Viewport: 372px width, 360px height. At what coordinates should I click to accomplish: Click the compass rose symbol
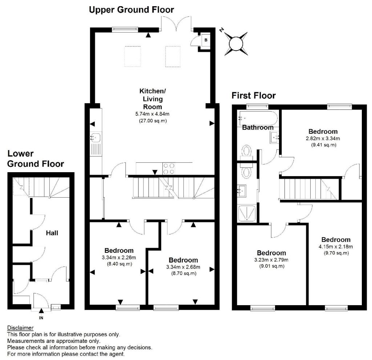[235, 43]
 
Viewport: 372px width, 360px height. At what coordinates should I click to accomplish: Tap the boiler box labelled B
[205, 40]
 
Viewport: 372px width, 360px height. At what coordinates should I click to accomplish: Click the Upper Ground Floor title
[132, 9]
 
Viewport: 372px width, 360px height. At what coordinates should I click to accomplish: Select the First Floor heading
[254, 96]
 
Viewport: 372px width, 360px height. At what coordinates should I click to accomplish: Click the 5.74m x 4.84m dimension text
[153, 114]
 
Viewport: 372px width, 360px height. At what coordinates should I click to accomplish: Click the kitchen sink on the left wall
[96, 138]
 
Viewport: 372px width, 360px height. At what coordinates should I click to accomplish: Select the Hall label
[52, 233]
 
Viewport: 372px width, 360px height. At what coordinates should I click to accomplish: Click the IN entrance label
[41, 318]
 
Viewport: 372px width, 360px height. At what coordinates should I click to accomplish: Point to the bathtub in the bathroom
[257, 118]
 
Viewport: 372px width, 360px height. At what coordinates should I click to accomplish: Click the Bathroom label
[258, 128]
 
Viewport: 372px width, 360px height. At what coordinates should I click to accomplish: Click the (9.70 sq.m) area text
[336, 253]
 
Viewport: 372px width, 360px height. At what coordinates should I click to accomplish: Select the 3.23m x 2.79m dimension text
[271, 260]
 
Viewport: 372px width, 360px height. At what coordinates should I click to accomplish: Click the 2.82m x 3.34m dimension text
[323, 138]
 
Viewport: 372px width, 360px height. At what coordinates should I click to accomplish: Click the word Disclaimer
[20, 328]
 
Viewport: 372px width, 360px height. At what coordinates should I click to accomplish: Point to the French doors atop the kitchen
[176, 24]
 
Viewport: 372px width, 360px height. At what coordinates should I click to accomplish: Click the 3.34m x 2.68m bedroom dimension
[183, 267]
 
